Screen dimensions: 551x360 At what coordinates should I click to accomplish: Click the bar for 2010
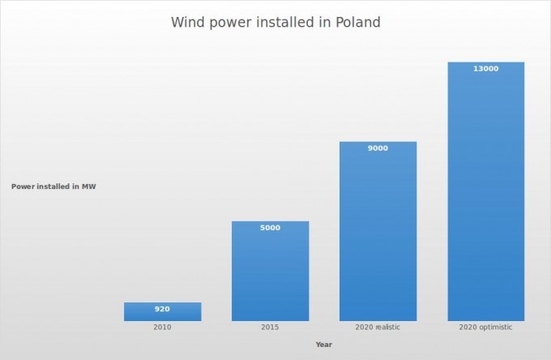(x=162, y=311)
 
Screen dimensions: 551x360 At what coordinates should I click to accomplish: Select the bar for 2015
(x=270, y=271)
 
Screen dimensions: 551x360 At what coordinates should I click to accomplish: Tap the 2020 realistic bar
(x=378, y=231)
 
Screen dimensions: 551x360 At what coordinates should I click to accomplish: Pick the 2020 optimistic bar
(x=486, y=191)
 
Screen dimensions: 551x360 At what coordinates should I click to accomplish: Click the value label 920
(x=162, y=309)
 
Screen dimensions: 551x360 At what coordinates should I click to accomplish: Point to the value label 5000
(x=270, y=228)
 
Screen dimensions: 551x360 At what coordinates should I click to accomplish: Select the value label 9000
(x=378, y=148)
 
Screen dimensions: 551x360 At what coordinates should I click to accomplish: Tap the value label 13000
(x=486, y=69)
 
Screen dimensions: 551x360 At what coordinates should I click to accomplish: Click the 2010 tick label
(x=162, y=328)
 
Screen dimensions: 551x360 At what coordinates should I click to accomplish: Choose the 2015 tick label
(x=270, y=328)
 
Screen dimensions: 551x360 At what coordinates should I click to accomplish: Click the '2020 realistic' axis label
(x=378, y=328)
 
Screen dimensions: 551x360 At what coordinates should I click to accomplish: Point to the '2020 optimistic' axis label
(x=485, y=328)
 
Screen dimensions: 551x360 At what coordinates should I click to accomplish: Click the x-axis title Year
(x=323, y=345)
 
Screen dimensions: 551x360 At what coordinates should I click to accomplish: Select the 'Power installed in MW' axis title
(x=53, y=186)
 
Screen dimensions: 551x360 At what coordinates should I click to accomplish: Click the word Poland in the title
(x=358, y=22)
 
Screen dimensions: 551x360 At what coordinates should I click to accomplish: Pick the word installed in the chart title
(x=285, y=22)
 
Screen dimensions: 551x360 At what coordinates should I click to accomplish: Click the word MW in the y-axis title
(x=89, y=186)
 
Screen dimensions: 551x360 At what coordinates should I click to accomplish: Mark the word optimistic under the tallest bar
(x=495, y=328)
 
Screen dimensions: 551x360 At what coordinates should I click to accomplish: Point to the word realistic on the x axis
(x=387, y=328)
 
